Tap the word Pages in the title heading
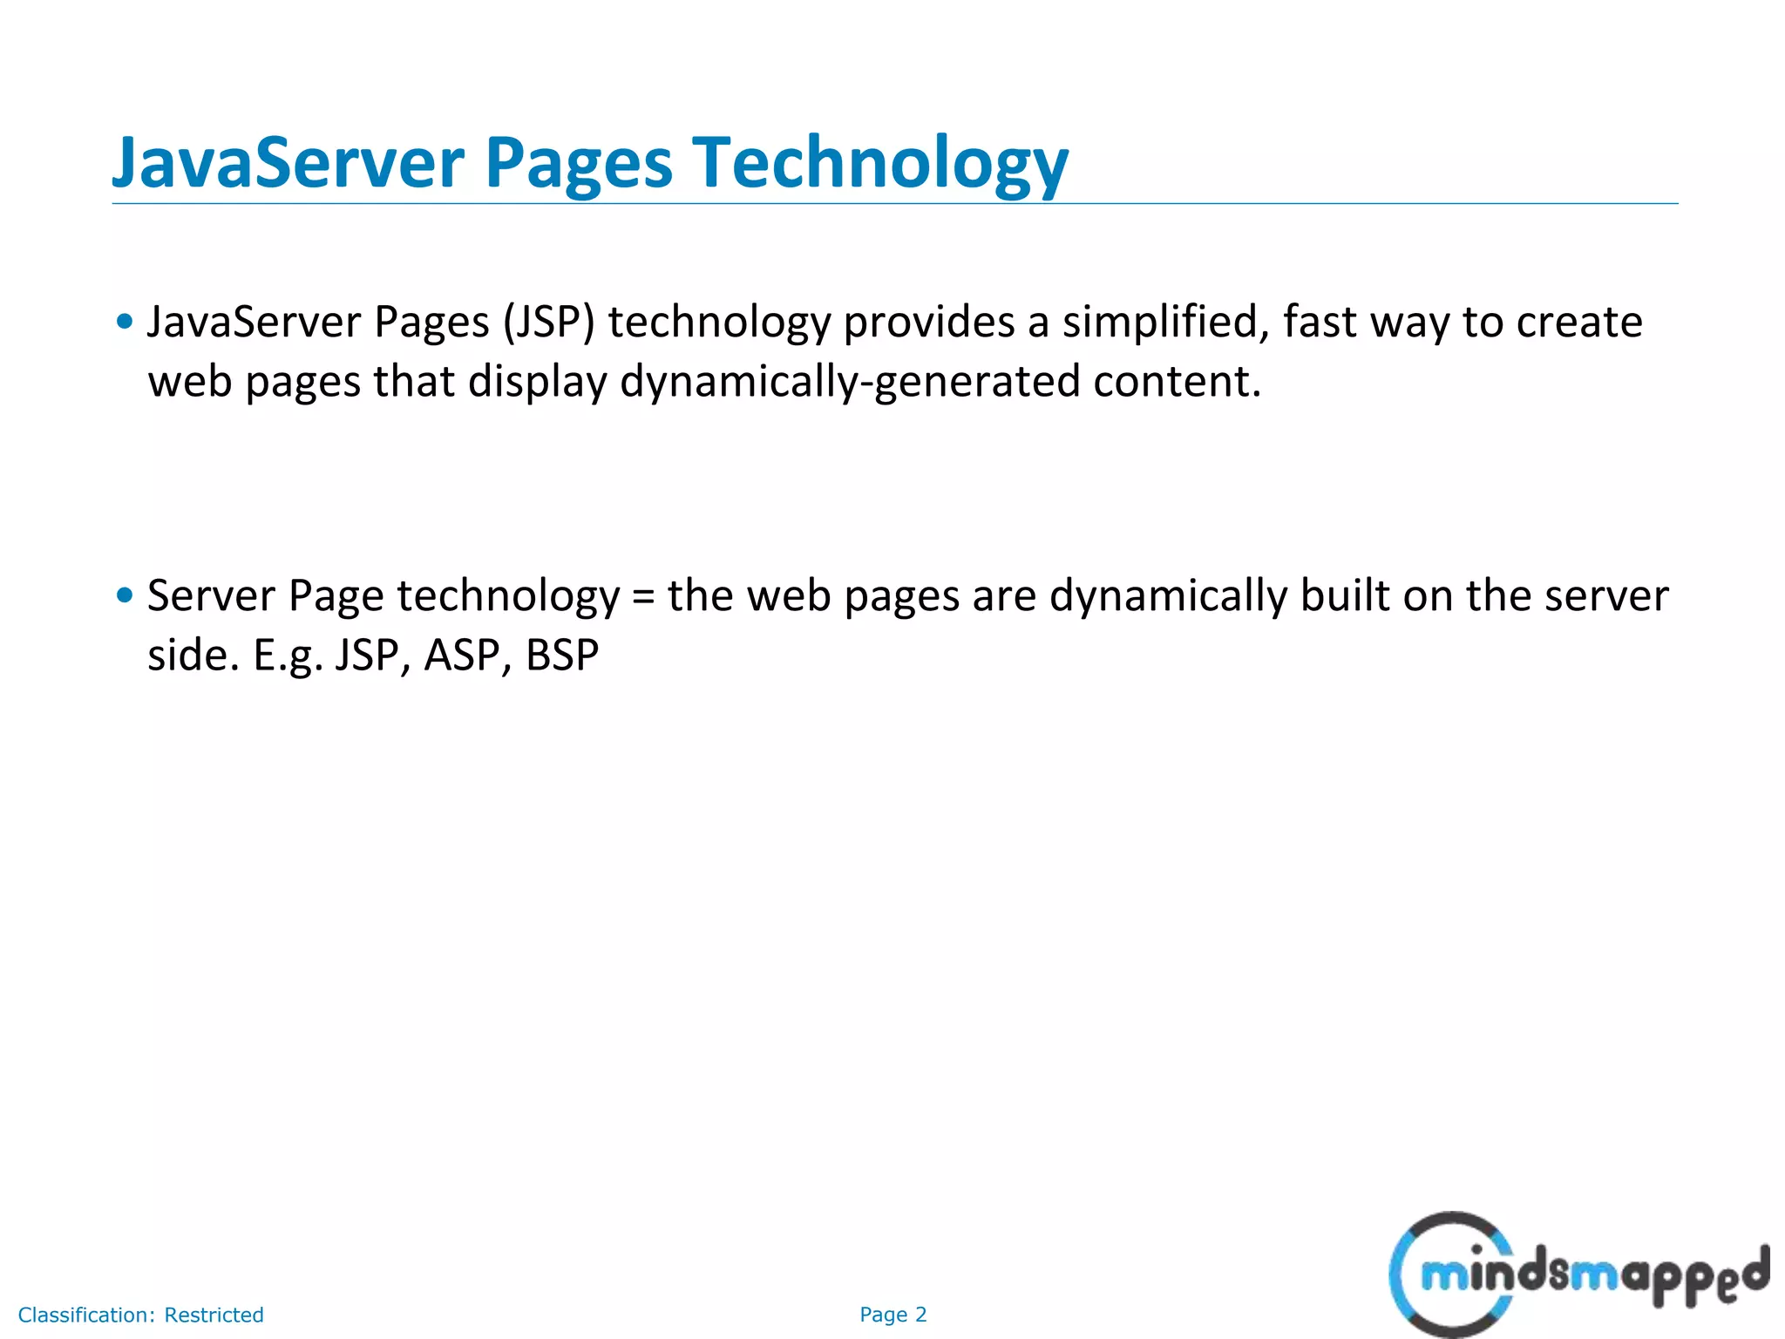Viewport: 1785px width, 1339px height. click(578, 164)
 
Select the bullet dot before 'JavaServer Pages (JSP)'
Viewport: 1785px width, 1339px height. click(125, 322)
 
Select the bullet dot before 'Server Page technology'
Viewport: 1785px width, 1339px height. click(125, 595)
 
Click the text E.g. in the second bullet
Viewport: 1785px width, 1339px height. click(288, 656)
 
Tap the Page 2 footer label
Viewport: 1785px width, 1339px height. click(892, 1315)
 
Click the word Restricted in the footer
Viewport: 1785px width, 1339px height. click(214, 1315)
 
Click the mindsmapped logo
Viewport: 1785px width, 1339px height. click(1578, 1274)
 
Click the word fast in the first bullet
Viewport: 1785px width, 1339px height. click(1320, 323)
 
